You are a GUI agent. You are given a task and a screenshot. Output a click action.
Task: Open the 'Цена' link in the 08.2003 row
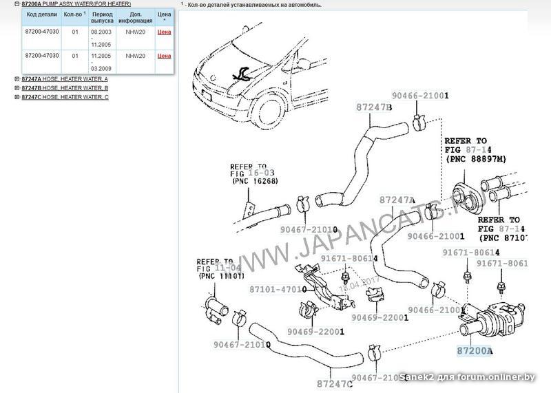(164, 32)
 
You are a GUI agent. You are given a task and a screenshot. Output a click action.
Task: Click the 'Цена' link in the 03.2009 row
(164, 56)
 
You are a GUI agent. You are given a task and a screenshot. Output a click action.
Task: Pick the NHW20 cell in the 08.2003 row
(135, 32)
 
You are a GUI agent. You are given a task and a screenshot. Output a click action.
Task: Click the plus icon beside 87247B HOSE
(17, 88)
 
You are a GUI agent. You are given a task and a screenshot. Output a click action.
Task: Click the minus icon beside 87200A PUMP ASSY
(17, 4)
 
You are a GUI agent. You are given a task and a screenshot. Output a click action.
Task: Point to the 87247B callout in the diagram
(374, 108)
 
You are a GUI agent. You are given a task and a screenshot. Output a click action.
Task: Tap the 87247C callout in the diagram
(335, 383)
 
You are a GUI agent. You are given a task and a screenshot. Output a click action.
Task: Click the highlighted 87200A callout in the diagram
(475, 350)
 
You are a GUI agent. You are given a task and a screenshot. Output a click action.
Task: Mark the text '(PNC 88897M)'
(475, 159)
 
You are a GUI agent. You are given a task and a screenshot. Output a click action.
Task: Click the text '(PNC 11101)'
(220, 276)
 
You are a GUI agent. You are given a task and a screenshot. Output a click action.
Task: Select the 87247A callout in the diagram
(397, 200)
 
